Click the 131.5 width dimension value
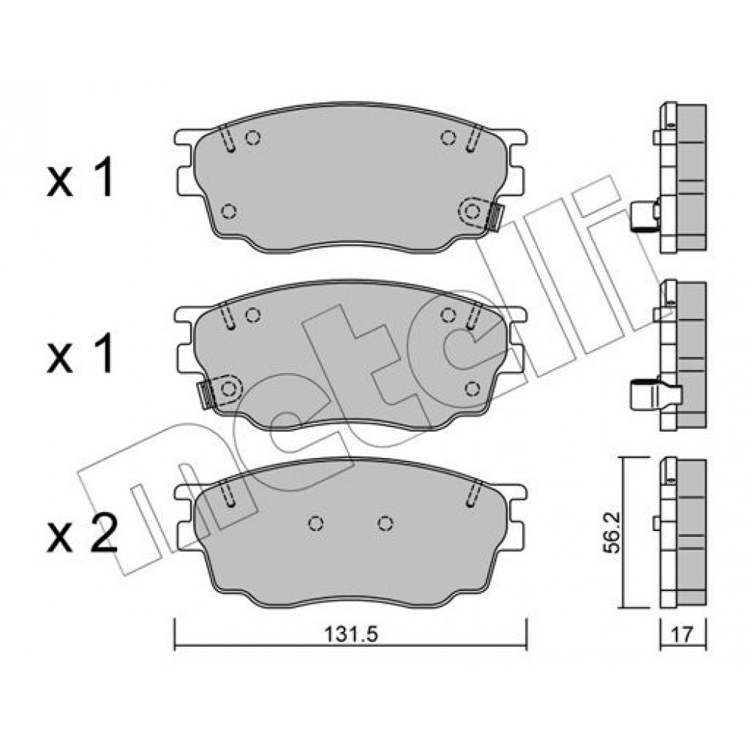pyautogui.click(x=351, y=635)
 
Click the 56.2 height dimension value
pyautogui.click(x=611, y=533)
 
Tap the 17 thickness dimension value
pyautogui.click(x=683, y=635)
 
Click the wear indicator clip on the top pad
pyautogui.click(x=494, y=217)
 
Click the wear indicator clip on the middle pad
pyautogui.click(x=206, y=394)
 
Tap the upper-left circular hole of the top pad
pyautogui.click(x=253, y=138)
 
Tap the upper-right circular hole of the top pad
pyautogui.click(x=448, y=138)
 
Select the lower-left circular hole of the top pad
pyautogui.click(x=229, y=211)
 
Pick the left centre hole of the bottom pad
pyautogui.click(x=315, y=523)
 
